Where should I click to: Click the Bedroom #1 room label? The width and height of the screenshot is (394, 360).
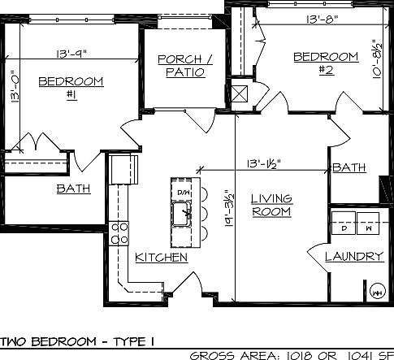[x=71, y=89]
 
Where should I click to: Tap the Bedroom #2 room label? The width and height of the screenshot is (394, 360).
[x=326, y=63]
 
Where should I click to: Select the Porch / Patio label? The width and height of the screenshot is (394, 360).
[x=185, y=66]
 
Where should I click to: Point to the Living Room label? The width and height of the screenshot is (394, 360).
[x=271, y=205]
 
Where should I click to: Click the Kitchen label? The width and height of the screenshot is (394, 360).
[x=162, y=258]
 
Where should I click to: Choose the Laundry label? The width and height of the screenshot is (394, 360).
[x=354, y=256]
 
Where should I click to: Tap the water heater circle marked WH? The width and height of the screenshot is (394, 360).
[x=377, y=292]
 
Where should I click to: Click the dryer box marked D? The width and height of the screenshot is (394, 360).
[x=344, y=223]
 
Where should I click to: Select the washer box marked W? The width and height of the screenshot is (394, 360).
[x=368, y=223]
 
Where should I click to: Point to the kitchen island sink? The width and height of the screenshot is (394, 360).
[x=182, y=215]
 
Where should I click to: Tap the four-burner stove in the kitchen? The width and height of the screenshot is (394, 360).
[x=119, y=233]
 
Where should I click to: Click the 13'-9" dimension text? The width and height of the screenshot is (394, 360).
[x=71, y=54]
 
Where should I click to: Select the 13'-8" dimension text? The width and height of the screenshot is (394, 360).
[x=323, y=20]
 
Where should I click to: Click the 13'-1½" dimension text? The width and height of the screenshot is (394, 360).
[x=264, y=163]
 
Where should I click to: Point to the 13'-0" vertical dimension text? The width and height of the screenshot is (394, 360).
[x=15, y=87]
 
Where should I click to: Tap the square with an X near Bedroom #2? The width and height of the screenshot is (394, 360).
[x=240, y=93]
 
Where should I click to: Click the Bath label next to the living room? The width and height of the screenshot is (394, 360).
[x=349, y=167]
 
